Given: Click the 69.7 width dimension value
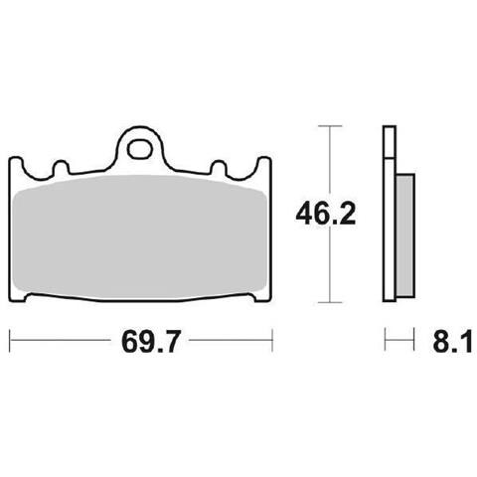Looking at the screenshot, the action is pyautogui.click(x=150, y=341).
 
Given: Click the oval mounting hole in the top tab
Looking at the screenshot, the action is pyautogui.click(x=139, y=149).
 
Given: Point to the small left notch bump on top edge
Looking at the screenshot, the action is pyautogui.click(x=62, y=167).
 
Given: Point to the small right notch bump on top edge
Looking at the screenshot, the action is pyautogui.click(x=219, y=167).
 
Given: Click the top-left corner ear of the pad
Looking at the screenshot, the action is pyautogui.click(x=17, y=165).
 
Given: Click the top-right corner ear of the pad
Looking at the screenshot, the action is pyautogui.click(x=264, y=165).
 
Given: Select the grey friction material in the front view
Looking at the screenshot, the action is pyautogui.click(x=140, y=236).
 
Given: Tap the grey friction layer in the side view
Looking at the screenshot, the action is pyautogui.click(x=404, y=236).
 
